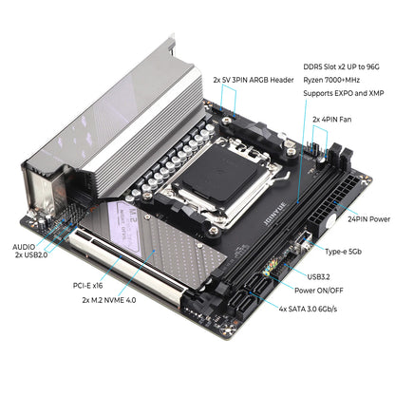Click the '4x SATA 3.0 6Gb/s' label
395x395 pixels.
click(322, 309)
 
